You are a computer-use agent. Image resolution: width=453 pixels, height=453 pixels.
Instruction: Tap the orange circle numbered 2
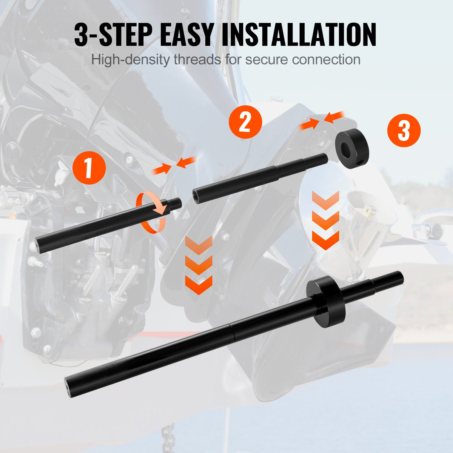[245, 122]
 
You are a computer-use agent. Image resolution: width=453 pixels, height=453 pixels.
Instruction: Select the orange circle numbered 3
[404, 131]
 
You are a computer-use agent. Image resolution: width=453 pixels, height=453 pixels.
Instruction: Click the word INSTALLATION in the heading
[298, 35]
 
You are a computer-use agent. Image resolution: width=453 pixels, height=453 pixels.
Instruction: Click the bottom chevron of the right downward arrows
[326, 240]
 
